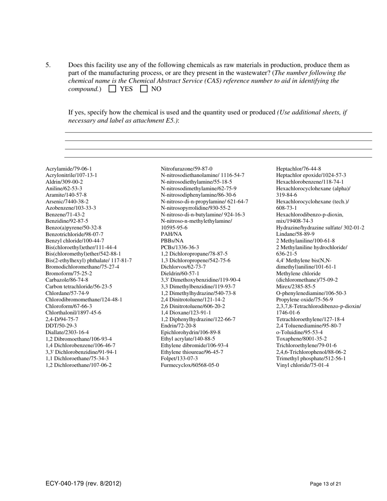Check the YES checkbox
pyautogui.click(x=113, y=89)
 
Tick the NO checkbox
pyautogui.click(x=144, y=89)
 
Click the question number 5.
pyautogui.click(x=48, y=65)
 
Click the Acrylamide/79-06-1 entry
pyautogui.click(x=68, y=169)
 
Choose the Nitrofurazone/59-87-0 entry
pyautogui.click(x=187, y=169)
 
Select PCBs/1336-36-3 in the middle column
pyautogui.click(x=180, y=247)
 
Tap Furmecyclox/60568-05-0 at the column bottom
pyautogui.click(x=190, y=365)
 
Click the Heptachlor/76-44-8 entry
pyautogui.click(x=299, y=169)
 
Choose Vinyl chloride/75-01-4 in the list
pyautogui.click(x=302, y=365)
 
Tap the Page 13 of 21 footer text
pyautogui.click(x=325, y=484)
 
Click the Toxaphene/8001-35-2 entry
pyautogui.click(x=301, y=338)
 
